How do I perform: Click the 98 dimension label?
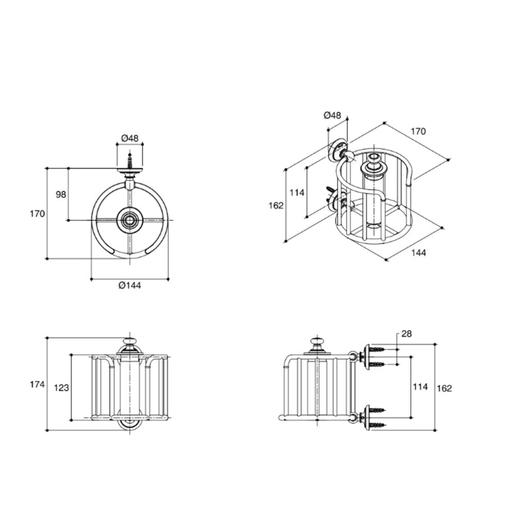click(x=61, y=195)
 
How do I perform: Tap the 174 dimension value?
click(x=37, y=384)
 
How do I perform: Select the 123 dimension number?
click(x=61, y=388)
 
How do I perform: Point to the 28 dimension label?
click(x=406, y=334)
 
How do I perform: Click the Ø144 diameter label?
click(x=130, y=285)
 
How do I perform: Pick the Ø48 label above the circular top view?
click(x=130, y=138)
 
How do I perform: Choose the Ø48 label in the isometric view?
click(x=332, y=115)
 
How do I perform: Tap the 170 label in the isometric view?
click(x=418, y=131)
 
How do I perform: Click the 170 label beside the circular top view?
click(x=37, y=214)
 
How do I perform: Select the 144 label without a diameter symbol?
click(x=418, y=252)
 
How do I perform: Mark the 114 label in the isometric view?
click(x=297, y=193)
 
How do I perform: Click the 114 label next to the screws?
click(x=420, y=387)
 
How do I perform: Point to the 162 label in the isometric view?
click(x=276, y=205)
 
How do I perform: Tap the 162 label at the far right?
click(x=444, y=388)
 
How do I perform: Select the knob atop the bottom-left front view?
click(x=129, y=342)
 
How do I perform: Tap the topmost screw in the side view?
click(x=377, y=349)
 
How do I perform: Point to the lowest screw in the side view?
click(x=377, y=425)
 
